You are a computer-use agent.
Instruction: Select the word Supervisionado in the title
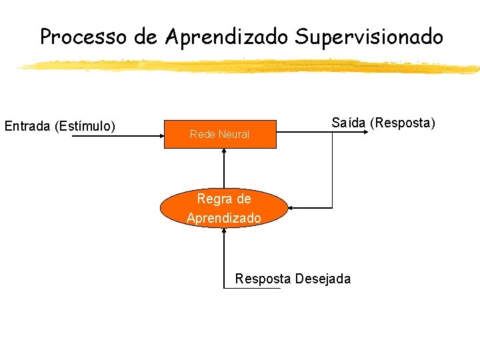click(x=369, y=37)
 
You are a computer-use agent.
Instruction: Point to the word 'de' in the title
click(x=145, y=37)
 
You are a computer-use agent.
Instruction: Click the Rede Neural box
click(x=220, y=134)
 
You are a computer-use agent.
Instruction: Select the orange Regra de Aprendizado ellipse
click(x=224, y=209)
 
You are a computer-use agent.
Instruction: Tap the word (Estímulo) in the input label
click(x=85, y=125)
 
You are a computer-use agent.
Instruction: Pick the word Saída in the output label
click(x=349, y=123)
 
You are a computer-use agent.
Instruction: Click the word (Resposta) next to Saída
click(x=403, y=123)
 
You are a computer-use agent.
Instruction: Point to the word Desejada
click(x=323, y=279)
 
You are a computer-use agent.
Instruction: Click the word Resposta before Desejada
click(x=263, y=279)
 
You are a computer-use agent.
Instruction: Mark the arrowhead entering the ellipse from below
click(x=225, y=231)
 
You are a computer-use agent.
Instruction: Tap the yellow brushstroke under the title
click(x=247, y=65)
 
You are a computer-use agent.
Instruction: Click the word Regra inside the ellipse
click(x=213, y=199)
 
